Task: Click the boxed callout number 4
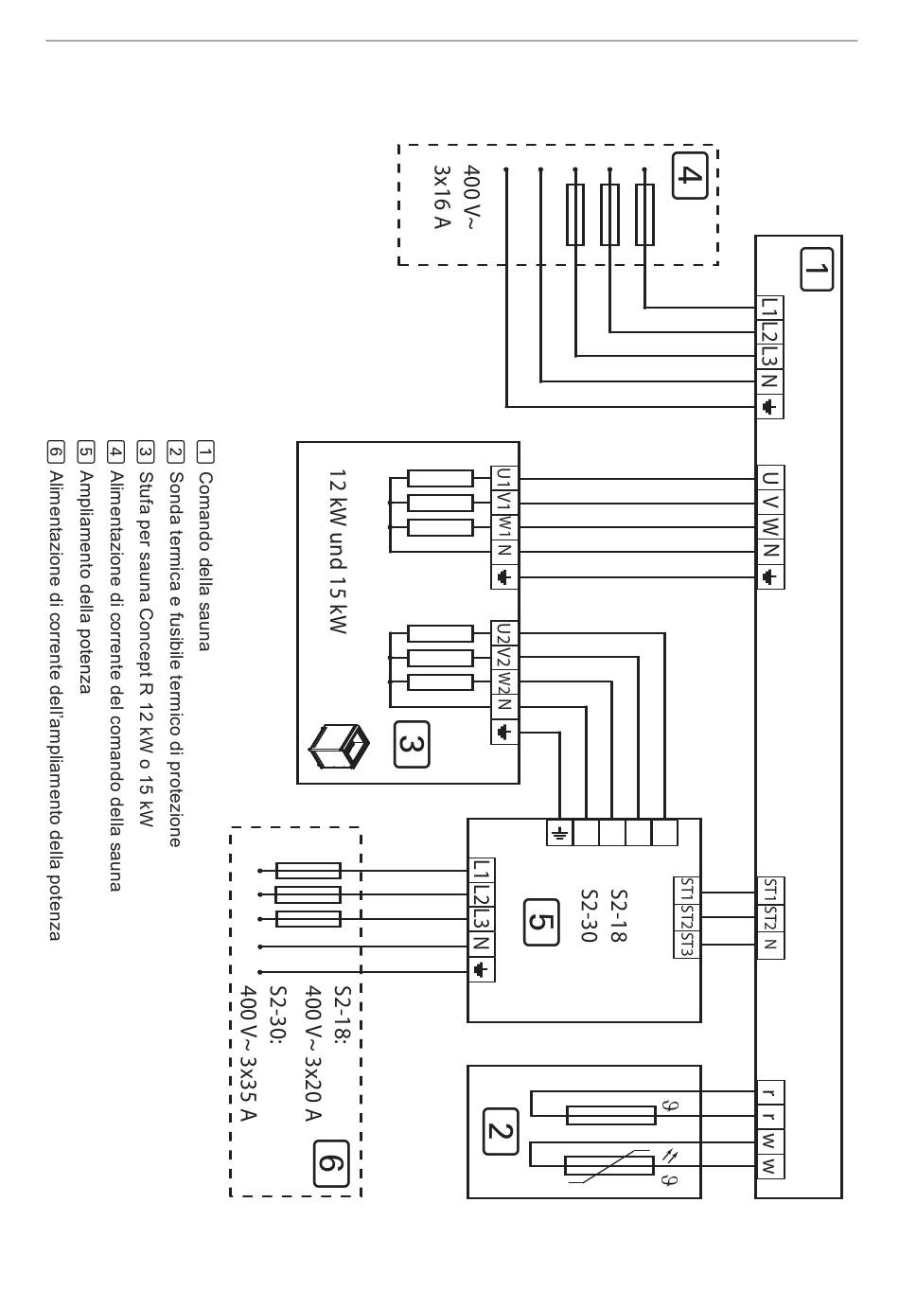[689, 175]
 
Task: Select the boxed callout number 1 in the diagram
[816, 270]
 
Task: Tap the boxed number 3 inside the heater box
[412, 745]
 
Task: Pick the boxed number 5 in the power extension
[541, 922]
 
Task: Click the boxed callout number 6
[330, 1163]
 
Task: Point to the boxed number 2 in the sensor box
[501, 1132]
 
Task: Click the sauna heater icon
[340, 746]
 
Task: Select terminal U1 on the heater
[504, 478]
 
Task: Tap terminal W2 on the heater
[504, 682]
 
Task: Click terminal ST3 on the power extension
[688, 945]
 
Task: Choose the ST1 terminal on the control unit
[770, 892]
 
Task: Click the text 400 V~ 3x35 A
[250, 1053]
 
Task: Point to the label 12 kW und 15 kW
[338, 551]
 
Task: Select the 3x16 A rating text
[442, 197]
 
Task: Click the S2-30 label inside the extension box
[589, 915]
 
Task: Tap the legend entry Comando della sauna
[204, 561]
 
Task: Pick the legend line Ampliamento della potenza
[85, 582]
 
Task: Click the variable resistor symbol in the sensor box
[609, 1165]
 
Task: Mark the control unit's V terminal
[770, 504]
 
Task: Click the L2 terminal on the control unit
[769, 332]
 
